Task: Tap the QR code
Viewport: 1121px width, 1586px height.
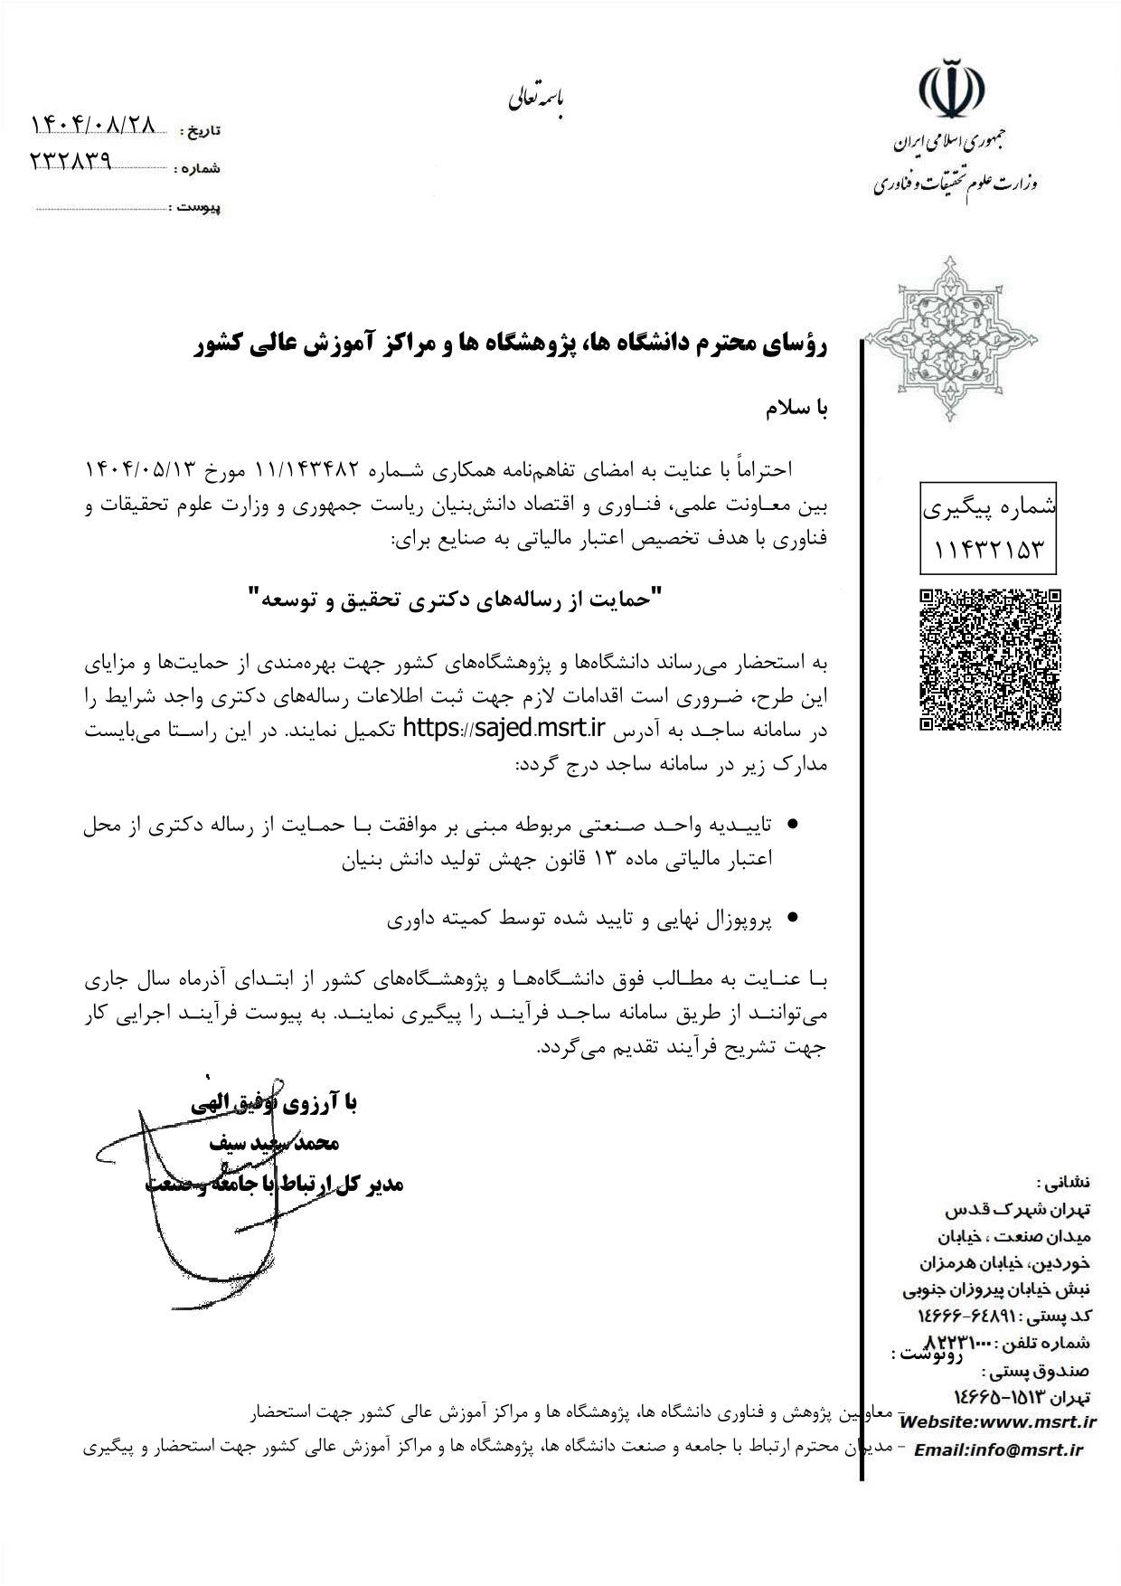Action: tap(990, 659)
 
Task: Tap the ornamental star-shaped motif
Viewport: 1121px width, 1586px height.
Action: tap(950, 338)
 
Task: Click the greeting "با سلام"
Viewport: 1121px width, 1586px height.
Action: tap(796, 409)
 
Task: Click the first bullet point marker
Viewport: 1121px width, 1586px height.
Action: tap(793, 825)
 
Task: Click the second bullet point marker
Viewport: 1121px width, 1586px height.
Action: tap(793, 919)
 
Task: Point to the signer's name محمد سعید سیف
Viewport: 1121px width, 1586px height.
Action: tap(274, 1143)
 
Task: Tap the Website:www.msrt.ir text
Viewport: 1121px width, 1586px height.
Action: tap(999, 1422)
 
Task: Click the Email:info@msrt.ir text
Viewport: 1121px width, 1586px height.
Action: tap(998, 1450)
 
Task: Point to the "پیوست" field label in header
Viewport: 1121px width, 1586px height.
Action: tap(199, 208)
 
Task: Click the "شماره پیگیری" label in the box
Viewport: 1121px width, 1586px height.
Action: tap(988, 508)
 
